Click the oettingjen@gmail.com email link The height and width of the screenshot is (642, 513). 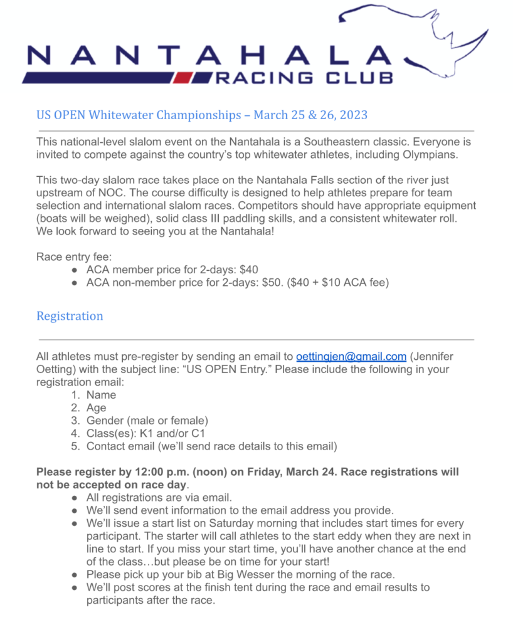click(x=351, y=356)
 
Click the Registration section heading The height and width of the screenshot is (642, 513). click(x=70, y=315)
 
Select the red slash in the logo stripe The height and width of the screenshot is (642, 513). click(x=182, y=78)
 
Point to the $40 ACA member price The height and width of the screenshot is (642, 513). click(x=249, y=270)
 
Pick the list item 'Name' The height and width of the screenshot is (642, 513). click(x=101, y=395)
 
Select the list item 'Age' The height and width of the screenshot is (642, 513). click(x=97, y=408)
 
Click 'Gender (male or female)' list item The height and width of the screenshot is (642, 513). click(x=147, y=421)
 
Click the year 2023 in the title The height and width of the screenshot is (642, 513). click(x=353, y=115)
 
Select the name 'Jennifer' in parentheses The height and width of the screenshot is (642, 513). click(x=433, y=356)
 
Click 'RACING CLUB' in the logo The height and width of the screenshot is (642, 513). click(x=305, y=78)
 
